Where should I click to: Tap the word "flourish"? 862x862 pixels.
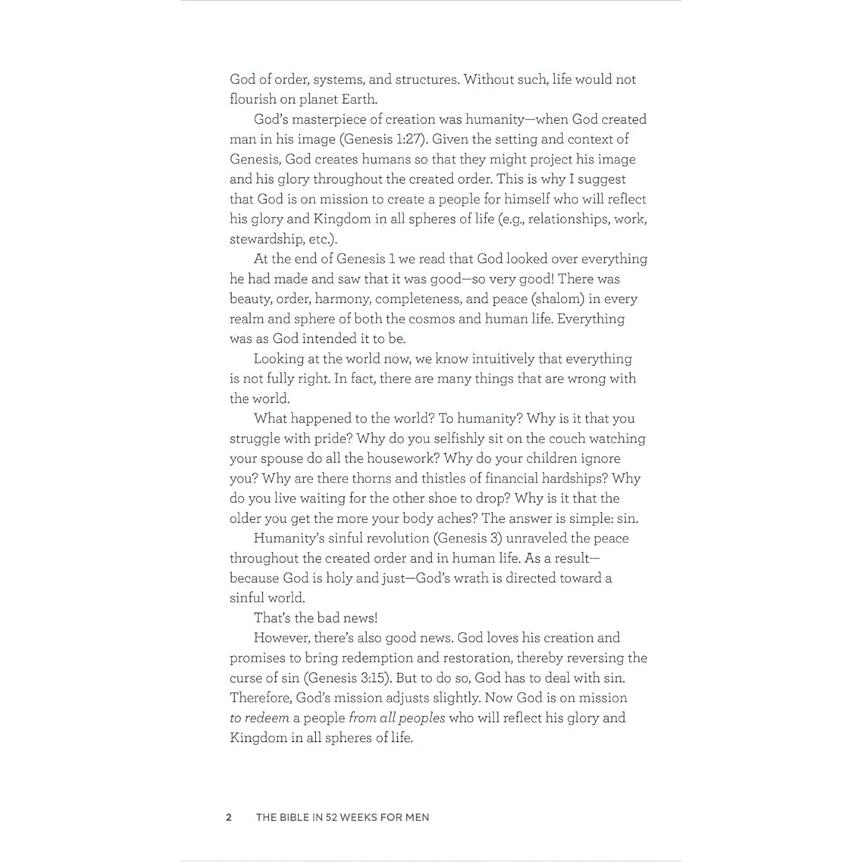point(253,99)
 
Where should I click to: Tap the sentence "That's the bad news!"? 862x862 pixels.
point(316,618)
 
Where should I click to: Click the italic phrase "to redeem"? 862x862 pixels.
point(259,718)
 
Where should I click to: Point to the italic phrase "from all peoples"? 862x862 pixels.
point(397,718)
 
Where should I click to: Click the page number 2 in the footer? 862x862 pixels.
point(229,817)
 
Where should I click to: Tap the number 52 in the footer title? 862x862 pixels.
point(332,817)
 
